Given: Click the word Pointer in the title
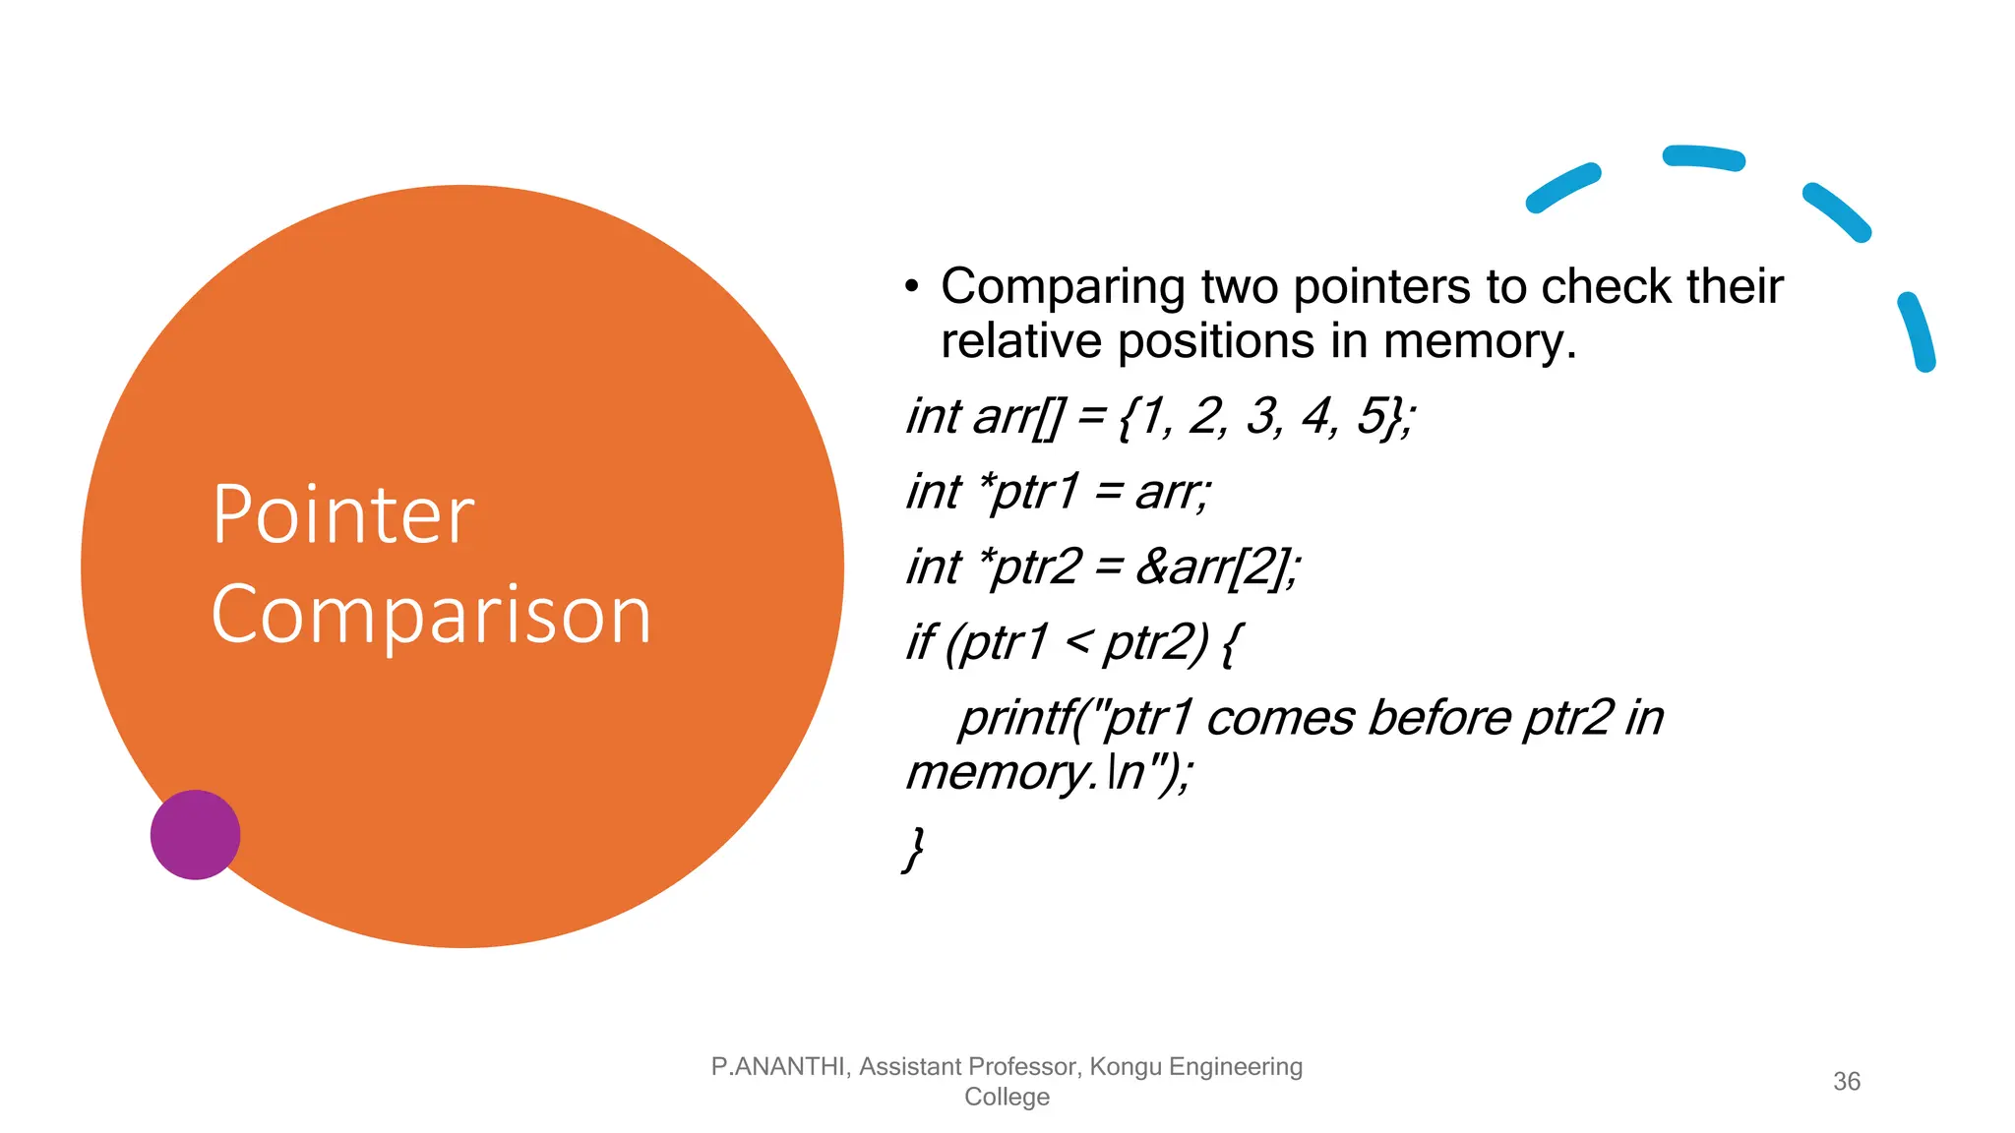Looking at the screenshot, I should [343, 515].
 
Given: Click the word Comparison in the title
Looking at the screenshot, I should [431, 616].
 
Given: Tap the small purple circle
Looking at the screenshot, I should [195, 834].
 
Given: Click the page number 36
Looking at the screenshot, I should [1846, 1081].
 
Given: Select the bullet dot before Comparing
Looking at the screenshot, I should [912, 287].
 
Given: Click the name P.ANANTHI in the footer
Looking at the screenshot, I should [777, 1066].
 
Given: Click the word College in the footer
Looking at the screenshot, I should [1007, 1097].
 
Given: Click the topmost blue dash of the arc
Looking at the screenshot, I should [1703, 157].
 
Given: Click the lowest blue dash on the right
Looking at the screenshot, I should [1918, 331].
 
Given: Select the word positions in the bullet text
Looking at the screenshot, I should [1216, 342].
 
